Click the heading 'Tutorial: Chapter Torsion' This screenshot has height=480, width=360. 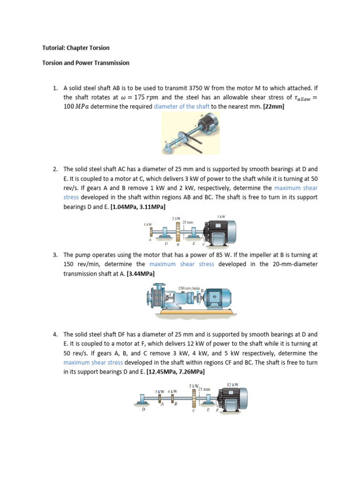[75, 48]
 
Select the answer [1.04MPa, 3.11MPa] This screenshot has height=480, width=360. [138, 206]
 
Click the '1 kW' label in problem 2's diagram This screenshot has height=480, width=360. [148, 225]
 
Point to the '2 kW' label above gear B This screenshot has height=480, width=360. [177, 219]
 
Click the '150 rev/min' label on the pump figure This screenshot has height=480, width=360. [189, 288]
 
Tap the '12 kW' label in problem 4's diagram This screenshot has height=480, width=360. [232, 385]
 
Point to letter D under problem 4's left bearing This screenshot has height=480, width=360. [143, 409]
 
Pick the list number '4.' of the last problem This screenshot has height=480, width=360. [55, 335]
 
